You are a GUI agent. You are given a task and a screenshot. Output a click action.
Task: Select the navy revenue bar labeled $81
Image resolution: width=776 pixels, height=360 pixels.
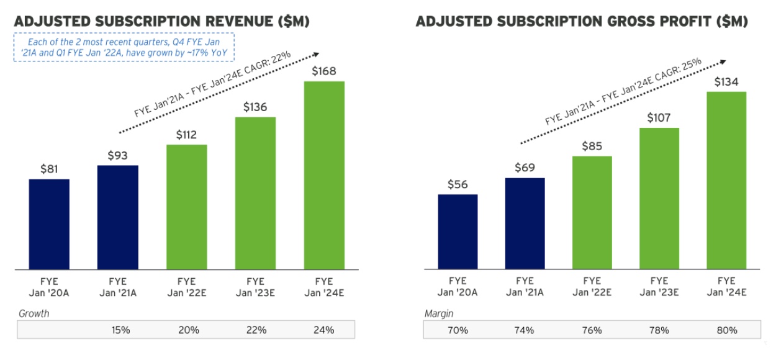point(49,224)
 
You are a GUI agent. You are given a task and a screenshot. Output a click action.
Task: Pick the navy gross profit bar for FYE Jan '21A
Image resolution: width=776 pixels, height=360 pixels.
point(525,223)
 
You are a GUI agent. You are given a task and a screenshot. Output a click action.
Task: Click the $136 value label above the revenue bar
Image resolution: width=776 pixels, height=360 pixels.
point(255,107)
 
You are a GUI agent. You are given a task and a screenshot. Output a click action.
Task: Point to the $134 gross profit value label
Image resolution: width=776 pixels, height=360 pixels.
point(726,82)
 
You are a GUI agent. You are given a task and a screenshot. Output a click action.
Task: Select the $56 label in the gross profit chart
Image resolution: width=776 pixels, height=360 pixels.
point(458,184)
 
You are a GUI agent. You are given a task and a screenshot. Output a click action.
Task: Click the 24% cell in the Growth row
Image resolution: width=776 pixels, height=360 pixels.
point(324,330)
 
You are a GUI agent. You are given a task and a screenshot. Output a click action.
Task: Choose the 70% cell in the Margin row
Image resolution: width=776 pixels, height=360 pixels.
point(458,330)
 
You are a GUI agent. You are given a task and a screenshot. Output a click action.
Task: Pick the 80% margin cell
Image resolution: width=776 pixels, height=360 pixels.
point(726,330)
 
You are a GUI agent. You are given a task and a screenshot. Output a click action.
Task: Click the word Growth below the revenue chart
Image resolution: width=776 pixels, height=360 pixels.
point(34,313)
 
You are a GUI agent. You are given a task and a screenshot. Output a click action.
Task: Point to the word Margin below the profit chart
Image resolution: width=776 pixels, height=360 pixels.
point(438,313)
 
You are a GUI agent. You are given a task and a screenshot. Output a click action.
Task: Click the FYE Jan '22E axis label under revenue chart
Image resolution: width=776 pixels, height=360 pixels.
point(186,287)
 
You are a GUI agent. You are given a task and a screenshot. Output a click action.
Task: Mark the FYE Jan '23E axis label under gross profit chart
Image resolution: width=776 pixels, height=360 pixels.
point(659,287)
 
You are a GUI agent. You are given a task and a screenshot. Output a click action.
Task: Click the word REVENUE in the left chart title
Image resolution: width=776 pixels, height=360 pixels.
point(233,22)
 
